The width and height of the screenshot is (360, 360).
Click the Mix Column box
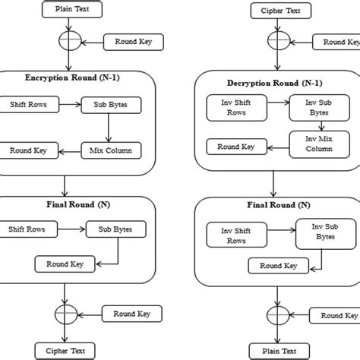[111, 150]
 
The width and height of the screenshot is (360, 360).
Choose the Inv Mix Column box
[314, 144]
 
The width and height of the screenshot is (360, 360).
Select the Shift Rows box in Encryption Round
[28, 105]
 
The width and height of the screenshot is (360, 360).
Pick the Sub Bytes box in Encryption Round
[110, 105]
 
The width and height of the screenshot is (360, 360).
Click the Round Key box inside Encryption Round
[28, 150]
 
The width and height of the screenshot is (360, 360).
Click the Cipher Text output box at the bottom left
[65, 350]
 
